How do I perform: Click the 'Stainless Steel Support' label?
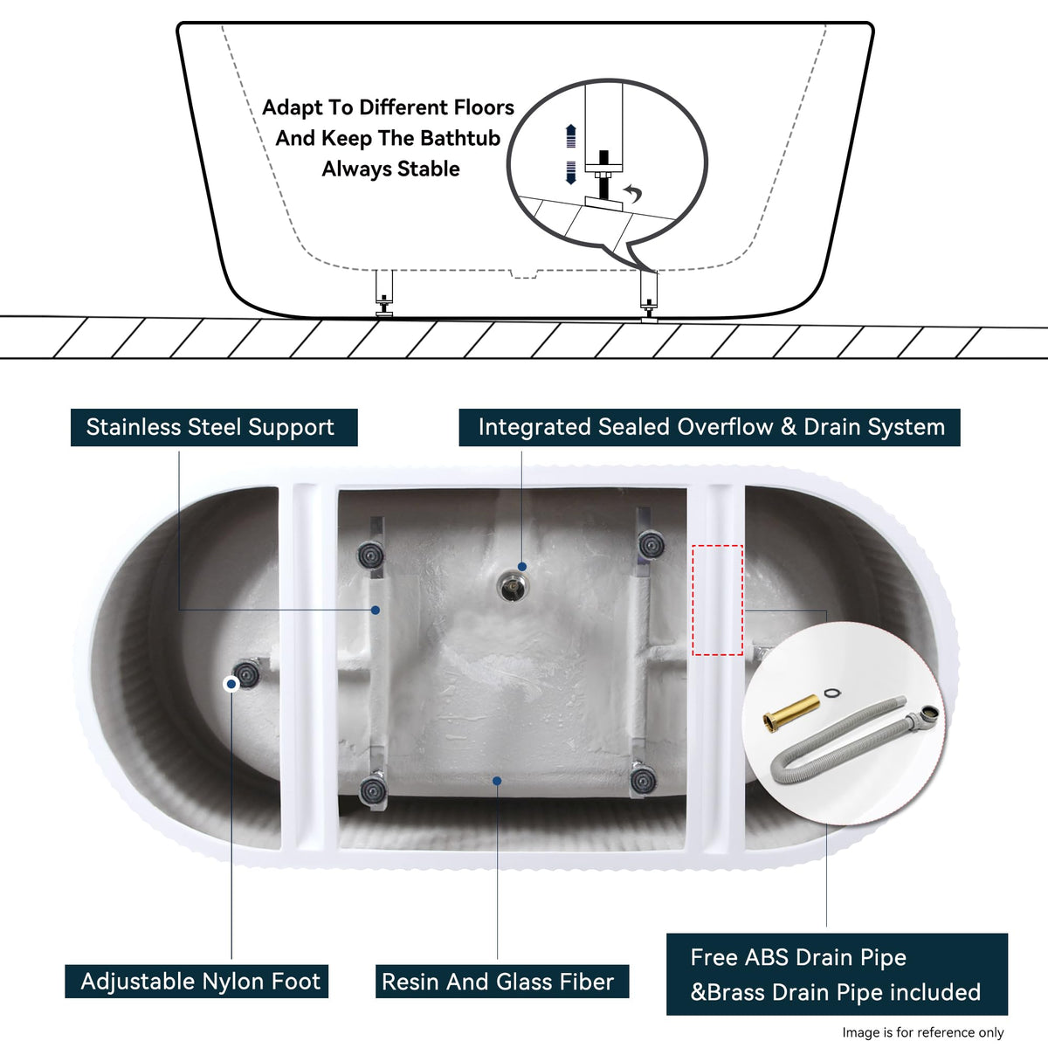[214, 427]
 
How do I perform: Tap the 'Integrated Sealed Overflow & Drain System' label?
[710, 427]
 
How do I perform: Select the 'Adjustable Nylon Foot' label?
[196, 981]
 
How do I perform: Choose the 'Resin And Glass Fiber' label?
[502, 981]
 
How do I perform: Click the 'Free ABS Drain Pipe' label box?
[837, 974]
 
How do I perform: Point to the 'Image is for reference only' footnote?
[923, 1032]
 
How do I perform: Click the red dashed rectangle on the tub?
[717, 600]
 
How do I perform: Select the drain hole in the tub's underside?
[512, 587]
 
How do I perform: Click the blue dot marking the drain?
[522, 567]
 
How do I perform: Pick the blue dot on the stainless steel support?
[376, 610]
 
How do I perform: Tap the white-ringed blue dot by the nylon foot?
[231, 684]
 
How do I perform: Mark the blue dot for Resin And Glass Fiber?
[497, 781]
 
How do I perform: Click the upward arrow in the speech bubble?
[570, 135]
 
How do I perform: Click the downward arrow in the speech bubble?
[570, 173]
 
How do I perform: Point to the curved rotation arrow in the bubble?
[633, 193]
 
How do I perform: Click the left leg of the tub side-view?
[384, 293]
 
